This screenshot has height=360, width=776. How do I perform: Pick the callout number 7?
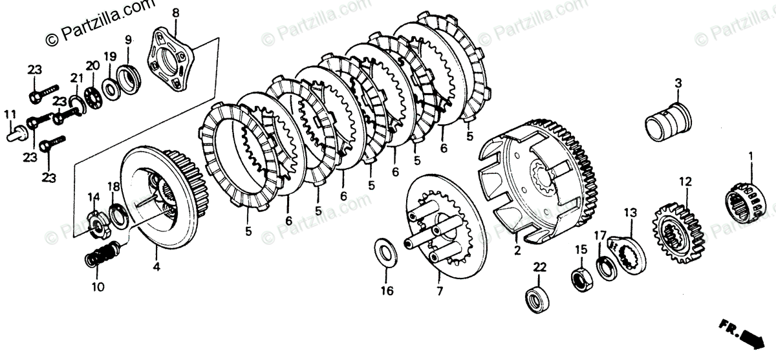pos(439,291)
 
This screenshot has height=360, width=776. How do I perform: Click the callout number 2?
pos(517,249)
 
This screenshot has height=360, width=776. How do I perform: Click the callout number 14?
pos(94,196)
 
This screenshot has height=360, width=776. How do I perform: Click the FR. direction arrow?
pos(750,337)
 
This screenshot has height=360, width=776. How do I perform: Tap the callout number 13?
pos(630,212)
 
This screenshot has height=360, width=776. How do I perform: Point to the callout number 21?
pos(77,78)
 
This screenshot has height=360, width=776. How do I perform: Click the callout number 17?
pos(600,235)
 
